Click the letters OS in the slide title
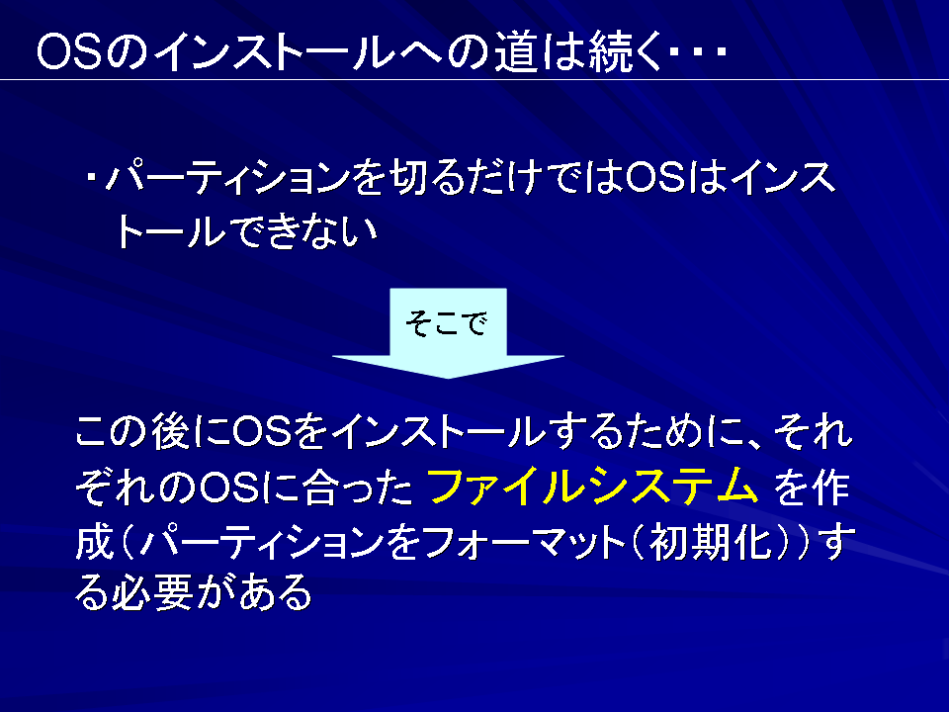pyautogui.click(x=70, y=51)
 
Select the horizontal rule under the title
pyautogui.click(x=474, y=79)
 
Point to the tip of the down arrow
pyautogui.click(x=448, y=379)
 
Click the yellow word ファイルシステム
pyautogui.click(x=593, y=487)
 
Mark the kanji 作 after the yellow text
pyautogui.click(x=830, y=488)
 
